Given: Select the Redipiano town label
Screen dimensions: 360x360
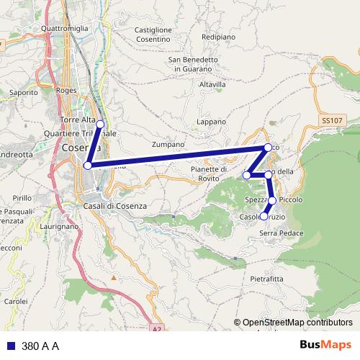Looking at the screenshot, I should tap(219, 35).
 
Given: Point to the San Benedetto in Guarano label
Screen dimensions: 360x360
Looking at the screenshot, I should tap(193, 65).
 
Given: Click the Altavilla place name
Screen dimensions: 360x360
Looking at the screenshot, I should tap(212, 84).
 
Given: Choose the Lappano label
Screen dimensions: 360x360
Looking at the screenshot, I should tap(211, 122).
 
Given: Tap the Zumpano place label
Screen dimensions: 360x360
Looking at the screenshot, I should tap(168, 144).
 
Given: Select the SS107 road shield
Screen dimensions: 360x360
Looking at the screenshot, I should tap(332, 121).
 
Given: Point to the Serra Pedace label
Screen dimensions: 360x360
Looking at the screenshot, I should tap(281, 233).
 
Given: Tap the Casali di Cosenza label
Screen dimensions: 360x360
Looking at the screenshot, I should tap(115, 206).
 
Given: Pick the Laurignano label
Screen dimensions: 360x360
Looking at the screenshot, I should tap(60, 226).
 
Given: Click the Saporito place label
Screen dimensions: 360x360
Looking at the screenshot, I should tap(24, 93).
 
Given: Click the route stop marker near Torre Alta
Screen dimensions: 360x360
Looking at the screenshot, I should tap(100, 124).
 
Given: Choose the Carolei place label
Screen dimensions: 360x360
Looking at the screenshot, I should tap(16, 301).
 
